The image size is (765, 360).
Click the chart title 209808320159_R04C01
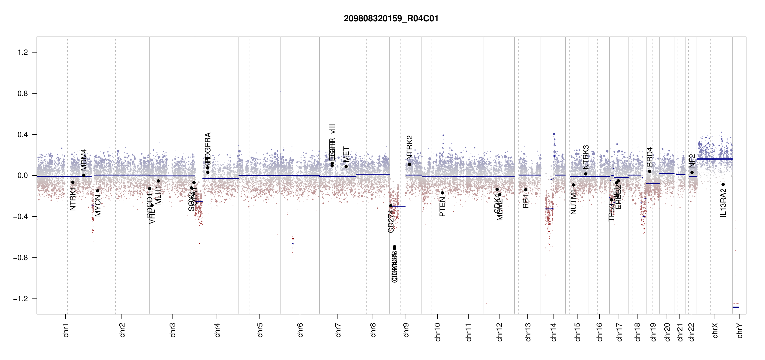click(391, 19)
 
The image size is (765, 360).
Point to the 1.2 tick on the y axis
click(23, 52)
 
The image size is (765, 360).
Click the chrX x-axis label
click(715, 330)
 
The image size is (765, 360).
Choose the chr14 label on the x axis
click(553, 332)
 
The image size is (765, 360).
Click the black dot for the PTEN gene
click(442, 193)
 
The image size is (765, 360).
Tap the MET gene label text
click(346, 154)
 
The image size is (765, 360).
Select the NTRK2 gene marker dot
click(409, 164)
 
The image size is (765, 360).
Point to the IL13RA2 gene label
click(723, 203)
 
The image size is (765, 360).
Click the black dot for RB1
click(526, 190)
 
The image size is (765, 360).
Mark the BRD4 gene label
click(650, 157)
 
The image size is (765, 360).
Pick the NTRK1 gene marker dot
click(73, 182)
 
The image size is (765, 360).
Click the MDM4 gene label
click(84, 160)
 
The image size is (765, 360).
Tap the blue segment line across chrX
click(714, 159)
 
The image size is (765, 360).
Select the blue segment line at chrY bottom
click(736, 307)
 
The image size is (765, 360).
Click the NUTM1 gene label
click(573, 202)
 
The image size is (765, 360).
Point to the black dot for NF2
click(692, 172)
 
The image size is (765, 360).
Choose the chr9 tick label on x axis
click(406, 330)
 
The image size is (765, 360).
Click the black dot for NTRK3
click(586, 174)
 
